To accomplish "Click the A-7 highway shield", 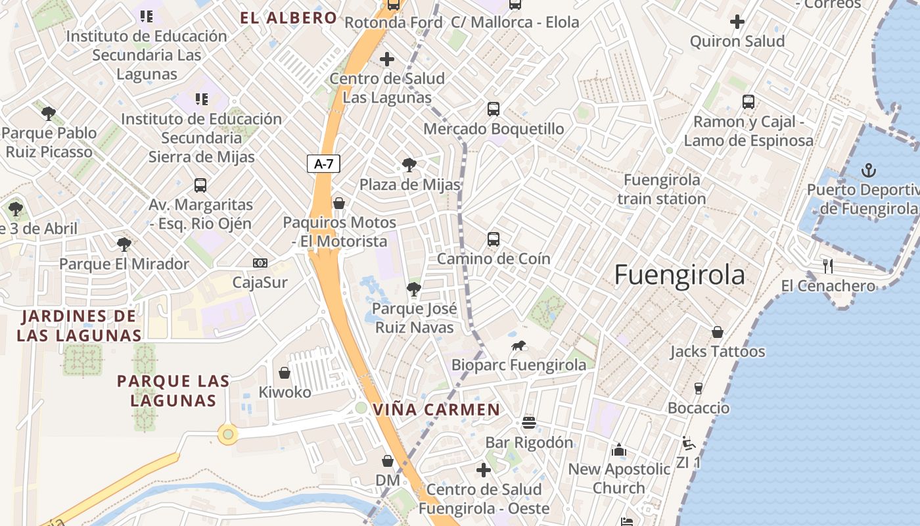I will click(x=323, y=164).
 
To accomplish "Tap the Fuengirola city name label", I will click(x=679, y=275).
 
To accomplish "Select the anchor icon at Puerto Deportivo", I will click(x=869, y=170).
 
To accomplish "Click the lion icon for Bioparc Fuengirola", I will click(x=518, y=345).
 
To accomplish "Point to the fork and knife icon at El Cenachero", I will click(x=828, y=266).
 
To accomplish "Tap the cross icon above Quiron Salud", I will click(x=737, y=22).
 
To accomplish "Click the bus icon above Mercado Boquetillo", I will click(x=494, y=109).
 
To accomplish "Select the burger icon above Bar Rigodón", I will click(x=529, y=423).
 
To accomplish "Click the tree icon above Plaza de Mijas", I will click(x=409, y=164).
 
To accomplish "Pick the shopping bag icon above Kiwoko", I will click(x=285, y=373).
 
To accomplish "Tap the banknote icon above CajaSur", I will click(x=260, y=263).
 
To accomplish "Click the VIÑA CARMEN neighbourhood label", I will click(x=436, y=410).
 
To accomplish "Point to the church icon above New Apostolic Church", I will click(x=619, y=450).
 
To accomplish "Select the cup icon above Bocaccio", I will click(x=699, y=388).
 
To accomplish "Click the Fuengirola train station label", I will click(x=662, y=189).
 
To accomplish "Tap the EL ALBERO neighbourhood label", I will click(x=288, y=18).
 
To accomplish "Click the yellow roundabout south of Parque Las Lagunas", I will click(x=228, y=434).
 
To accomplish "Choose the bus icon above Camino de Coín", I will click(x=494, y=239).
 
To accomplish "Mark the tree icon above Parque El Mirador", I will click(x=124, y=245).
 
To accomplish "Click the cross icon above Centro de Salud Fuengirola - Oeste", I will click(x=484, y=470).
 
